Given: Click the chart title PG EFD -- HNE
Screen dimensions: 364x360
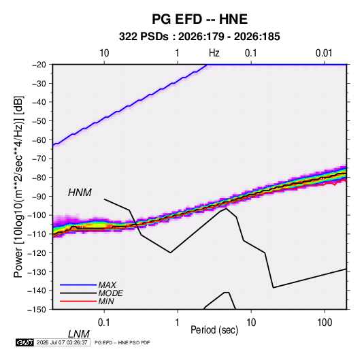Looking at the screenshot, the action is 199,19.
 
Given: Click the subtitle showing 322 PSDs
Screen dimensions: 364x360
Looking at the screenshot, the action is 199,37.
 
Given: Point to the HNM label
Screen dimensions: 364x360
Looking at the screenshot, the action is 80,193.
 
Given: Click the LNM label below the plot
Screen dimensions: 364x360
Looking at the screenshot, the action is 79,334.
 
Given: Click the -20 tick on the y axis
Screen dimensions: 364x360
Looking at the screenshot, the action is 39,65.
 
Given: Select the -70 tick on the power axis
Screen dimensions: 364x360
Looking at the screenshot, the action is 39,159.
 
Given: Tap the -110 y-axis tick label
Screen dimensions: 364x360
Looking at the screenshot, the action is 37,234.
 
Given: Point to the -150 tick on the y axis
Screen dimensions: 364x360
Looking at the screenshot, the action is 37,310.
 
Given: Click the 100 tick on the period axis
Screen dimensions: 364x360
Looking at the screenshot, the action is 325,323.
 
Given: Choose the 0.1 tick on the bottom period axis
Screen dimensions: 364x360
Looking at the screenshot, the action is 104,323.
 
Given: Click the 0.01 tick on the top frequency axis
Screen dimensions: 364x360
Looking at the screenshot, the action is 324,53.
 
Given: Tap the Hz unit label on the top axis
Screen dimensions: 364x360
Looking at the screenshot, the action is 214,53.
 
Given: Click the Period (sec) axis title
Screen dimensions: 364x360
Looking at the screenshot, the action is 214,330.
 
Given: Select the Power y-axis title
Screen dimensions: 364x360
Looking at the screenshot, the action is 18,186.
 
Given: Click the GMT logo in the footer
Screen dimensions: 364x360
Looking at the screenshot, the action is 24,342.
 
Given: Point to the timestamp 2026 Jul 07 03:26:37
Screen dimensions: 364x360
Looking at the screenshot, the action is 62,342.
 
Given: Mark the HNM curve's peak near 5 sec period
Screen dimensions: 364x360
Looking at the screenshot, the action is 226,208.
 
